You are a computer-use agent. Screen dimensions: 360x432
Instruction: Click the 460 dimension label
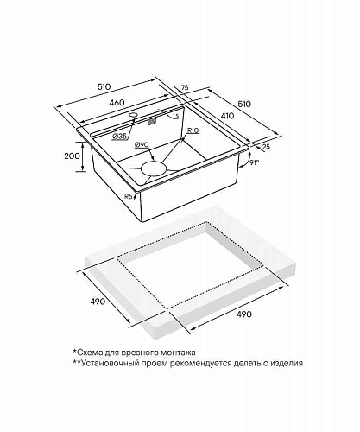point(117,102)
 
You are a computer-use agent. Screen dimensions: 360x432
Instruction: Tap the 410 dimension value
point(228,116)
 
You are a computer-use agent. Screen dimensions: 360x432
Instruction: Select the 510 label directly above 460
point(104,86)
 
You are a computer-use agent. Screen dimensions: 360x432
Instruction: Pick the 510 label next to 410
point(244,104)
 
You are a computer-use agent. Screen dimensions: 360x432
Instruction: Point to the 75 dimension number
point(185,87)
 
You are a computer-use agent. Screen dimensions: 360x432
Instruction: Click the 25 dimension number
point(267,147)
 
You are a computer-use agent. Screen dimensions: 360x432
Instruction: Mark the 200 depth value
point(72,156)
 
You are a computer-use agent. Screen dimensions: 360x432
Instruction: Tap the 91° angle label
point(254,162)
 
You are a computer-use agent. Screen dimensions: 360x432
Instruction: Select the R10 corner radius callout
point(193,130)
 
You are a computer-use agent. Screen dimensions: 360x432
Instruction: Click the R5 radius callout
point(129,196)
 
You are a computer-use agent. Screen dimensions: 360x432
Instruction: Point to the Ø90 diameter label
point(142,145)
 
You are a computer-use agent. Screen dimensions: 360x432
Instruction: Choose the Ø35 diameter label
point(119,136)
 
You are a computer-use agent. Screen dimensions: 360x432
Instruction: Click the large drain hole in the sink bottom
point(154,168)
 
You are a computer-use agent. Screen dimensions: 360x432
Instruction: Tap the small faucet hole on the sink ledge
point(133,115)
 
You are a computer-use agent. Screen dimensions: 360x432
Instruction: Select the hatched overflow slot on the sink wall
point(152,122)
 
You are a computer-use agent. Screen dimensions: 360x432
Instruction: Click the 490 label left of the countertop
point(98,302)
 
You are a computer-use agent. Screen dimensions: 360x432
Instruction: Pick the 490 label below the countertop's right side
point(243,314)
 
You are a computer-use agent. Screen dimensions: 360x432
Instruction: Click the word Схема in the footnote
point(89,353)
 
